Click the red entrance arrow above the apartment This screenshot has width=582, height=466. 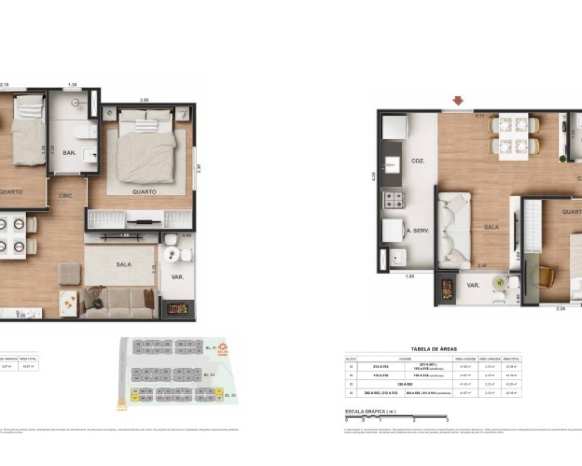click(458, 101)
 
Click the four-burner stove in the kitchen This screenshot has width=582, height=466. click(393, 200)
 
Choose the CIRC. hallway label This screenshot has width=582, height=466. click(66, 196)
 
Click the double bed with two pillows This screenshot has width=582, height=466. click(145, 147)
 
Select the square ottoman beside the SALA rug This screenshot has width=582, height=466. click(69, 273)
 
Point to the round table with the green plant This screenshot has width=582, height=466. click(499, 284)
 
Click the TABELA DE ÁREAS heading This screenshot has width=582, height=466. click(434, 349)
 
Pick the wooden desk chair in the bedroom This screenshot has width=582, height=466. click(545, 276)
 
